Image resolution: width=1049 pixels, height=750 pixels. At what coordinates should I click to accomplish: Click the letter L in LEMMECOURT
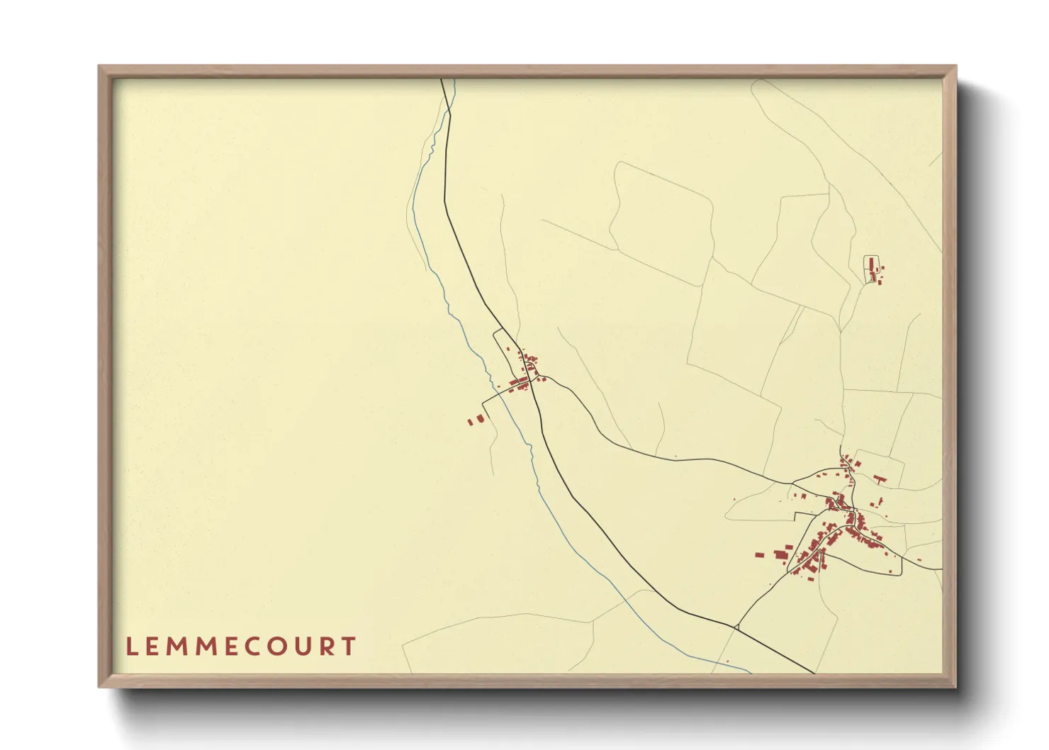tap(131, 647)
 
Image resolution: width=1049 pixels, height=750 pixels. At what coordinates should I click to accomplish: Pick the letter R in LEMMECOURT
tap(332, 647)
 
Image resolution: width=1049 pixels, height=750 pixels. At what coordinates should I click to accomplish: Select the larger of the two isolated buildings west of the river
tap(479, 419)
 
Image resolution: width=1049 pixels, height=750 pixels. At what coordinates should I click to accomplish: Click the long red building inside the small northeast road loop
tap(871, 266)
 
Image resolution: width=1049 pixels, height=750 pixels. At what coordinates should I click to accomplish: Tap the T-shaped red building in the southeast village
tap(880, 479)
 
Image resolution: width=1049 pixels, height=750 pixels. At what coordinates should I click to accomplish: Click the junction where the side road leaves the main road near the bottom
tap(737, 627)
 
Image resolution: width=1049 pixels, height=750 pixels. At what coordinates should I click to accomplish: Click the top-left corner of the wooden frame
tap(101, 67)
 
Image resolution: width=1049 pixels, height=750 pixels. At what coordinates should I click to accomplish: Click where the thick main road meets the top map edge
tap(442, 79)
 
